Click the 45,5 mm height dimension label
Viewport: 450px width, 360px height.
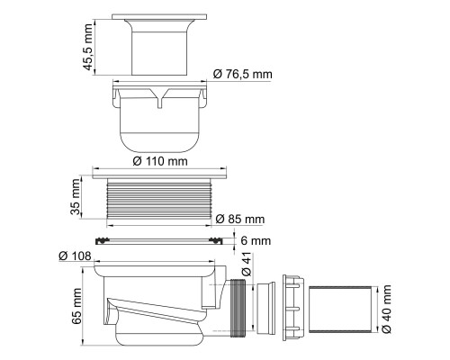coord(88,47)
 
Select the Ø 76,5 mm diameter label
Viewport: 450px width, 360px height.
coord(243,74)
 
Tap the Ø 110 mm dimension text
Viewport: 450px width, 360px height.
coord(160,161)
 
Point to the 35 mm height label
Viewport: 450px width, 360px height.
coord(76,197)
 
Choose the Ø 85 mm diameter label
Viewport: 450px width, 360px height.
coord(240,220)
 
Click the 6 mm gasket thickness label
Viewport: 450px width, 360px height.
coord(256,240)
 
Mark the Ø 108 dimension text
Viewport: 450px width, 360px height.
coord(75,256)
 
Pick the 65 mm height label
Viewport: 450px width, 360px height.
coord(76,306)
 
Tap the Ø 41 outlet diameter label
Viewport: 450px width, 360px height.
coord(247,263)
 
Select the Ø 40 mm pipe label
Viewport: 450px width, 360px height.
coord(387,309)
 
